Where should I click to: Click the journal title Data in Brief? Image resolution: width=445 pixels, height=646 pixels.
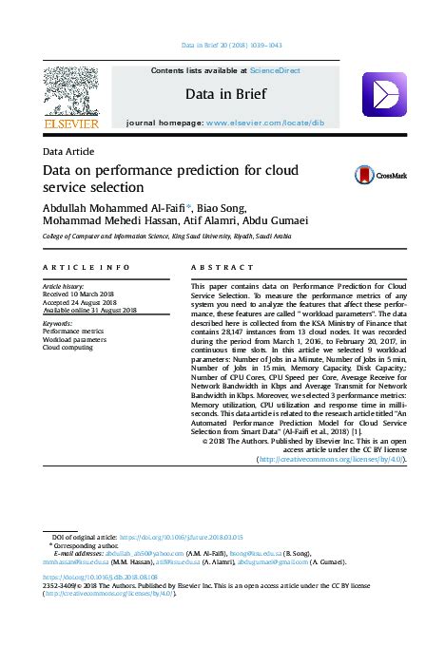tap(222, 95)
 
